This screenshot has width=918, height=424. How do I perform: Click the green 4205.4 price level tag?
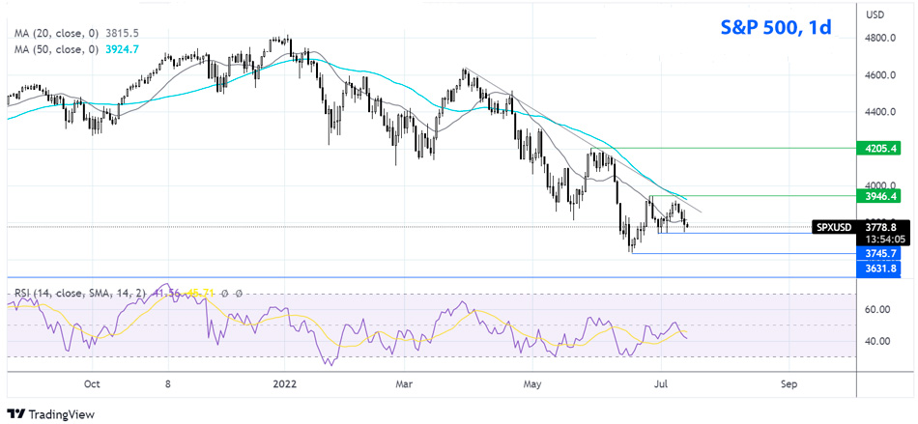883,149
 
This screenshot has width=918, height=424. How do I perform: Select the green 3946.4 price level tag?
883,196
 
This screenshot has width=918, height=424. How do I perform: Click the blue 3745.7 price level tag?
883,253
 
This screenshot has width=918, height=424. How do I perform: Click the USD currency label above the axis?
876,14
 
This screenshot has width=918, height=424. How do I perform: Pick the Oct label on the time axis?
92,382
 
